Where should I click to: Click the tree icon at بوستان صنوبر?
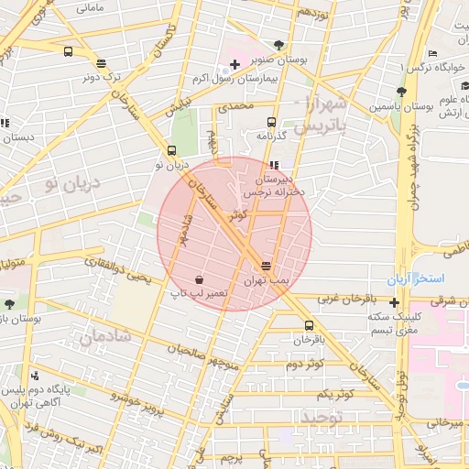coord(278,45)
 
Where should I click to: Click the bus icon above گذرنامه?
coord(270,122)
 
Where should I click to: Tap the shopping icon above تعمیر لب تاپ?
coord(199,278)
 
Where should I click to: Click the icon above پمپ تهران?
coord(266,263)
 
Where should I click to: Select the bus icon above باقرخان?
coord(309,325)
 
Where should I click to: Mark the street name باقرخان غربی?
coord(348,299)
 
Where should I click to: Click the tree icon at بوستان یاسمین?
coord(400,91)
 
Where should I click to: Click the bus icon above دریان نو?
coord(171,151)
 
